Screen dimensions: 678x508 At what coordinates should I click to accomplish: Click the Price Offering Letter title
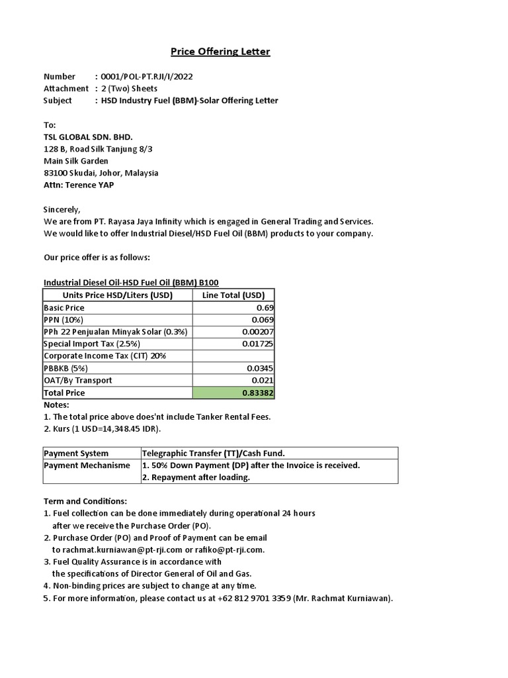[220, 52]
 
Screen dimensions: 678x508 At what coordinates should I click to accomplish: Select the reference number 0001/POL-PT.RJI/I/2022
[145, 76]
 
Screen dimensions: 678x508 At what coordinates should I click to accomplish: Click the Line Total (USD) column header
[233, 295]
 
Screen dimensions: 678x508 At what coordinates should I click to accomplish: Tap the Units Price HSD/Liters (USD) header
[117, 295]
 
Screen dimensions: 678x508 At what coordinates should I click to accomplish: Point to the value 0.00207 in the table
[259, 332]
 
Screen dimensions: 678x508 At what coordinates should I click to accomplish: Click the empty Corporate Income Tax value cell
[233, 356]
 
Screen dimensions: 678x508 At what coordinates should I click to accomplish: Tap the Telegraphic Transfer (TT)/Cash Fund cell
[213, 453]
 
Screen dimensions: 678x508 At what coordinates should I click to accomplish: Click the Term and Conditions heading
[85, 501]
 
